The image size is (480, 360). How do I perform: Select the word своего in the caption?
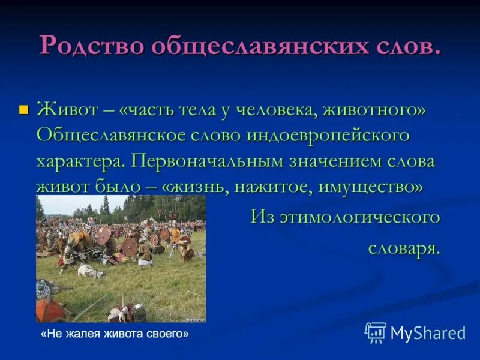pyautogui.click(x=169, y=334)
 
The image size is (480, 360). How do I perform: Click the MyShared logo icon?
pyautogui.click(x=376, y=332)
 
